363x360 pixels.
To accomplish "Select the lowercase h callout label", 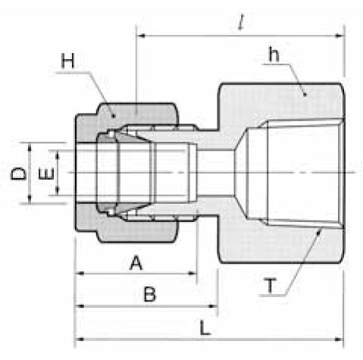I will coord(274,55).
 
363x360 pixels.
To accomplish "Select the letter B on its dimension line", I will coord(149,295).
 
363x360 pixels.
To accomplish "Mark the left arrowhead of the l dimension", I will coord(140,35).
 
